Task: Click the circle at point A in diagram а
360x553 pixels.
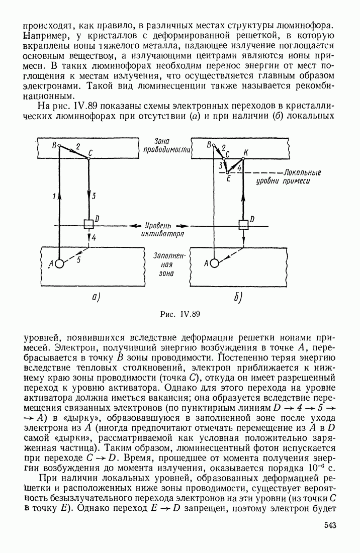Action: point(59,263)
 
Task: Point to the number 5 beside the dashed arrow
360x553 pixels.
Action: point(78,260)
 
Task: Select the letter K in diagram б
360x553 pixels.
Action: point(245,152)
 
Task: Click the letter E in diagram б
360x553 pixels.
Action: point(228,177)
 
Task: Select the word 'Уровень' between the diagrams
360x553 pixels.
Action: point(159,225)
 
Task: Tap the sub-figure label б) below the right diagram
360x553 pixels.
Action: point(238,297)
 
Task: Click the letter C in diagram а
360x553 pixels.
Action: point(91,152)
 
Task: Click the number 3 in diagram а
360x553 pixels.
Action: point(94,196)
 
